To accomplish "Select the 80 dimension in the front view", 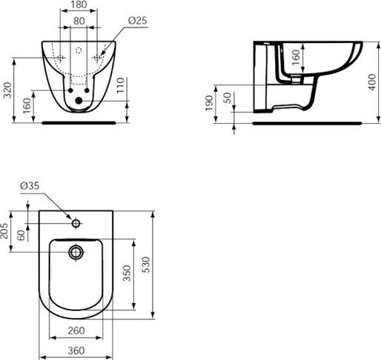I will point(79,21).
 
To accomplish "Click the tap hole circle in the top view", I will point(76,223).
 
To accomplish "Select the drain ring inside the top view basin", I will point(76,253).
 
